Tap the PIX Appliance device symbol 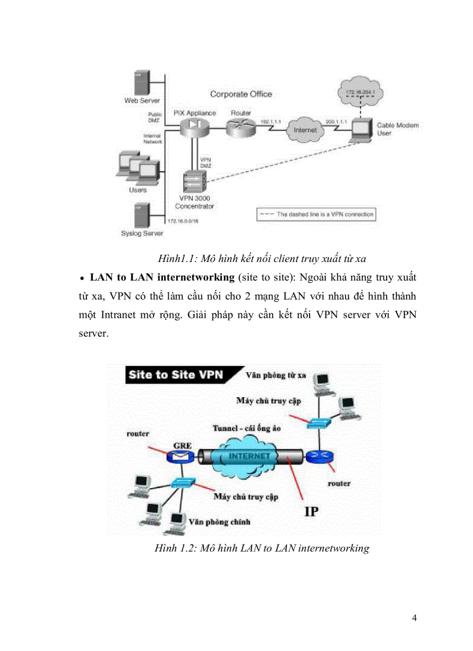click(192, 127)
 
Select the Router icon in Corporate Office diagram click(239, 127)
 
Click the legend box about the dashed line click(316, 214)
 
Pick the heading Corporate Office click(241, 94)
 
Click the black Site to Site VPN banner click(176, 374)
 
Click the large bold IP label click(311, 511)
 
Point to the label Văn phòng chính click(220, 522)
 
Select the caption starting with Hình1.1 click(261, 259)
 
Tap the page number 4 click(414, 617)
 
